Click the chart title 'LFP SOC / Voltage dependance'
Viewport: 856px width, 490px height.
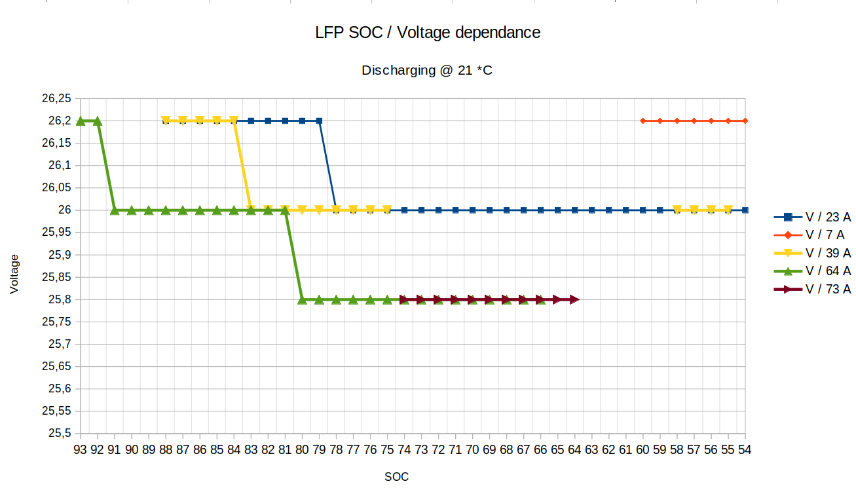[x=428, y=32]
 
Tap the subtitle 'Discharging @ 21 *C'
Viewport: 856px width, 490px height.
[x=427, y=70]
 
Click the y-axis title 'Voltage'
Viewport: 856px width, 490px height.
[x=14, y=274]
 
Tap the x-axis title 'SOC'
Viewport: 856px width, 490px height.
[x=396, y=477]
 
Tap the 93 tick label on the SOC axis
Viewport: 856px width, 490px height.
[x=81, y=450]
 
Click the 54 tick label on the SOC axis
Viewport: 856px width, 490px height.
[x=745, y=450]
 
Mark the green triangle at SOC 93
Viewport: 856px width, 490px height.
[x=81, y=121]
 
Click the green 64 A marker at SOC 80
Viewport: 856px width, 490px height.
[x=302, y=299]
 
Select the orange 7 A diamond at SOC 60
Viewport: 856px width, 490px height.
[x=643, y=121]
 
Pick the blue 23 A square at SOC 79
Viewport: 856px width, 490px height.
[x=319, y=121]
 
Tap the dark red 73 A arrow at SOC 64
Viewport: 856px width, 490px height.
[x=574, y=299]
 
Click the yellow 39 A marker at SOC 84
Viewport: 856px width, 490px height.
[x=234, y=121]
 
